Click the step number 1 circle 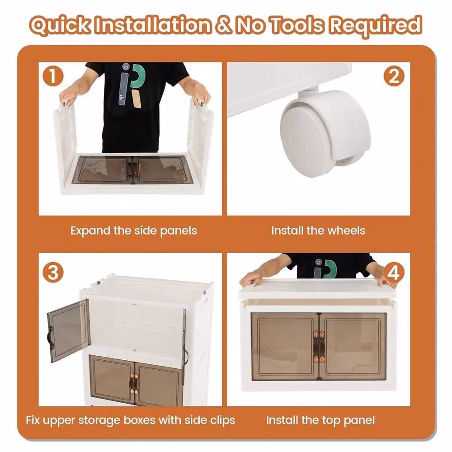coord(53,76)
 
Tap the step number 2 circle coord(394,76)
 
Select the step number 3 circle coord(53,273)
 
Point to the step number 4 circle coord(394,273)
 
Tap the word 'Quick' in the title coord(61,25)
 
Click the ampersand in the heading coord(224,24)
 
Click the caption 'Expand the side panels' coord(134,231)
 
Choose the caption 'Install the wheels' coord(318,231)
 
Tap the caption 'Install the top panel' coord(320,420)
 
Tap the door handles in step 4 coord(319,346)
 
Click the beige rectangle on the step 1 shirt coord(137,99)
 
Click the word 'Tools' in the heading coord(297,25)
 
